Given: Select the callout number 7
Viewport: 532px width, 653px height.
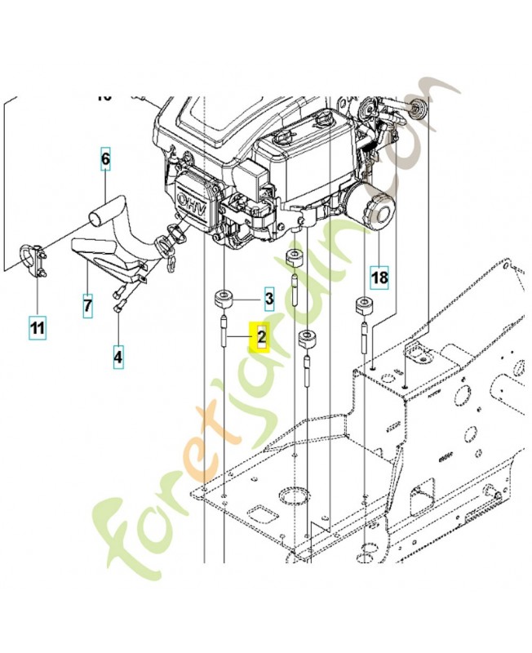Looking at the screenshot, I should click(x=87, y=305).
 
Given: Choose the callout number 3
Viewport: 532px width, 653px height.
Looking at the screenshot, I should click(x=268, y=300).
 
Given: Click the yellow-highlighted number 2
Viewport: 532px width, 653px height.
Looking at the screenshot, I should click(x=261, y=336).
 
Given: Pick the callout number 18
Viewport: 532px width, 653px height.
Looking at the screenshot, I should click(x=379, y=278).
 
